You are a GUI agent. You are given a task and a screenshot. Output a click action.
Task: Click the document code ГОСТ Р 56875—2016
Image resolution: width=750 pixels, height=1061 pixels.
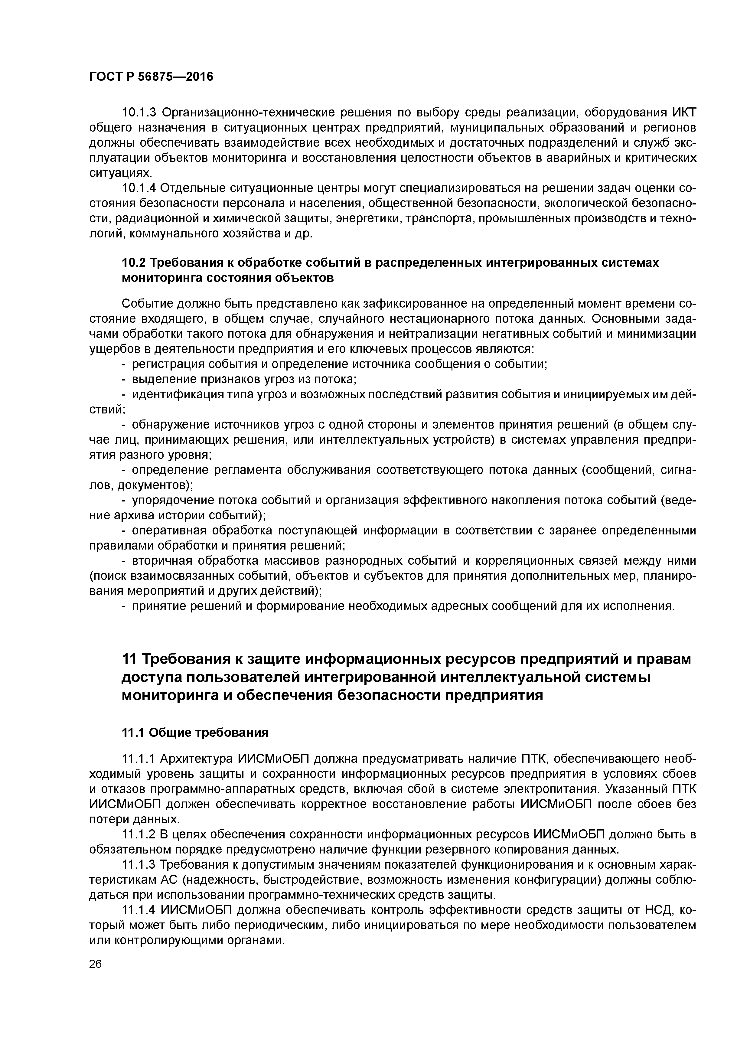[x=151, y=76]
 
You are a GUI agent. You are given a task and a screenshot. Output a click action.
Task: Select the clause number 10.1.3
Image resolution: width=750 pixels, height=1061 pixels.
[x=139, y=112]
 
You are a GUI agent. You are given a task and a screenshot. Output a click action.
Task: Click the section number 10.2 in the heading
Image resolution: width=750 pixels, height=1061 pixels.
[x=134, y=263]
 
